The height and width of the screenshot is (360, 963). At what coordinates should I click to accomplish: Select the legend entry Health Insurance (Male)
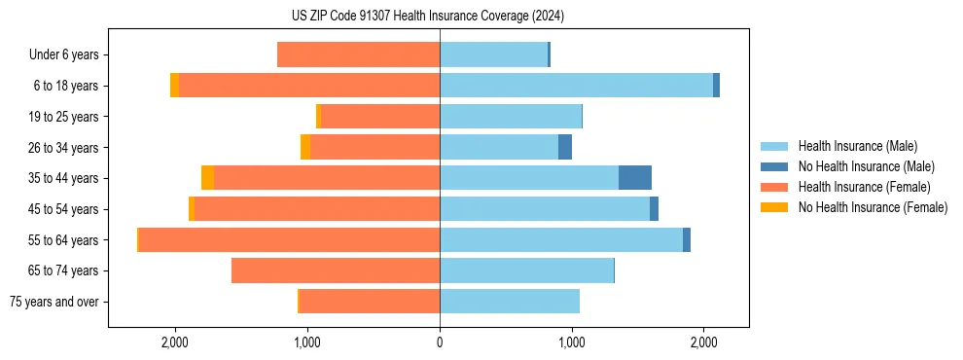(857, 146)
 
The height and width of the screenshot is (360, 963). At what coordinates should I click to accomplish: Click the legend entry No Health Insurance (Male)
(866, 166)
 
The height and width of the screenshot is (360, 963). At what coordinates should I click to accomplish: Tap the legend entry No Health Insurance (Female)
(873, 207)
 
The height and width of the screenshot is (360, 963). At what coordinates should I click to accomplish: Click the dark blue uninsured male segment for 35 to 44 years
(635, 178)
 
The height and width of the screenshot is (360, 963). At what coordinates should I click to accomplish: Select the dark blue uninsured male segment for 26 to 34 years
(565, 147)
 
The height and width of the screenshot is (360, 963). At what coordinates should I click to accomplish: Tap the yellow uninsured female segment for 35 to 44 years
(207, 178)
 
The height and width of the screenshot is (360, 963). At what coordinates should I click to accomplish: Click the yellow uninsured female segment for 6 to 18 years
(174, 86)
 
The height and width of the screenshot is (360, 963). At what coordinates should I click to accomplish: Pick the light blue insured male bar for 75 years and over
(510, 302)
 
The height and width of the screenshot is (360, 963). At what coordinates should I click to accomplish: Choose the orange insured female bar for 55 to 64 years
(290, 239)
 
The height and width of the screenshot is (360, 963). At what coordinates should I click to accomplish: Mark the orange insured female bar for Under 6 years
(359, 55)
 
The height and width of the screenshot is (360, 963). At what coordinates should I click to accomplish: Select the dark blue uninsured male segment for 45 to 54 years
(654, 209)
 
